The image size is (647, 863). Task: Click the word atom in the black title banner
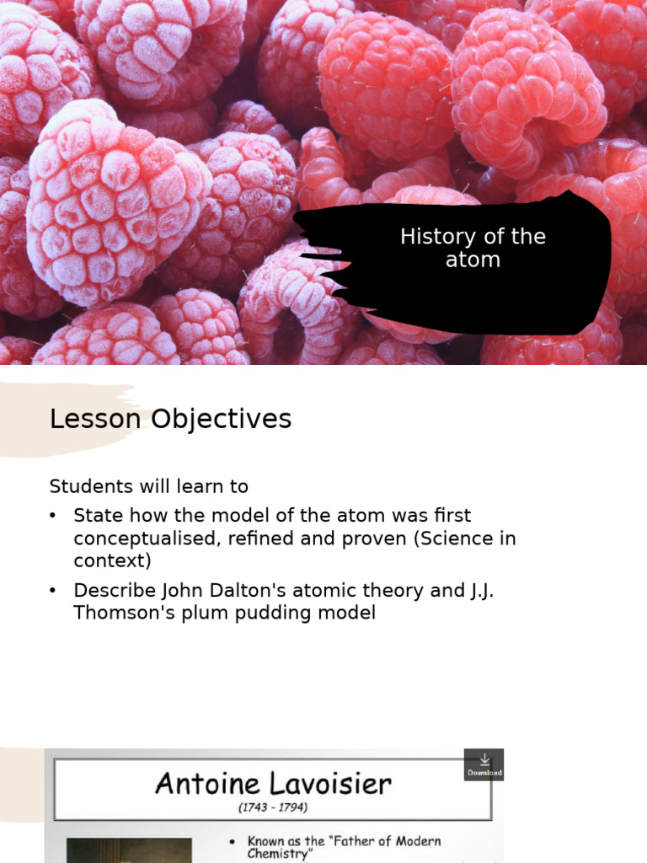[x=473, y=260]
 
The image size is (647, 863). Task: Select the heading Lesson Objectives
[x=170, y=419]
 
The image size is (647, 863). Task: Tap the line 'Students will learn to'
[x=149, y=486]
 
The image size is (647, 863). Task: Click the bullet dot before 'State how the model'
[x=54, y=515]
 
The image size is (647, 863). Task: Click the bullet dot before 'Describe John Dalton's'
[x=54, y=591]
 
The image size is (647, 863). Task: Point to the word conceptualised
[x=143, y=539]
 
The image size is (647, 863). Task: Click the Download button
[x=484, y=764]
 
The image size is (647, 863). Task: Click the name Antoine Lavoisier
[x=273, y=785]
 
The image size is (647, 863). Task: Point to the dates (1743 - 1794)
[x=273, y=807]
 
